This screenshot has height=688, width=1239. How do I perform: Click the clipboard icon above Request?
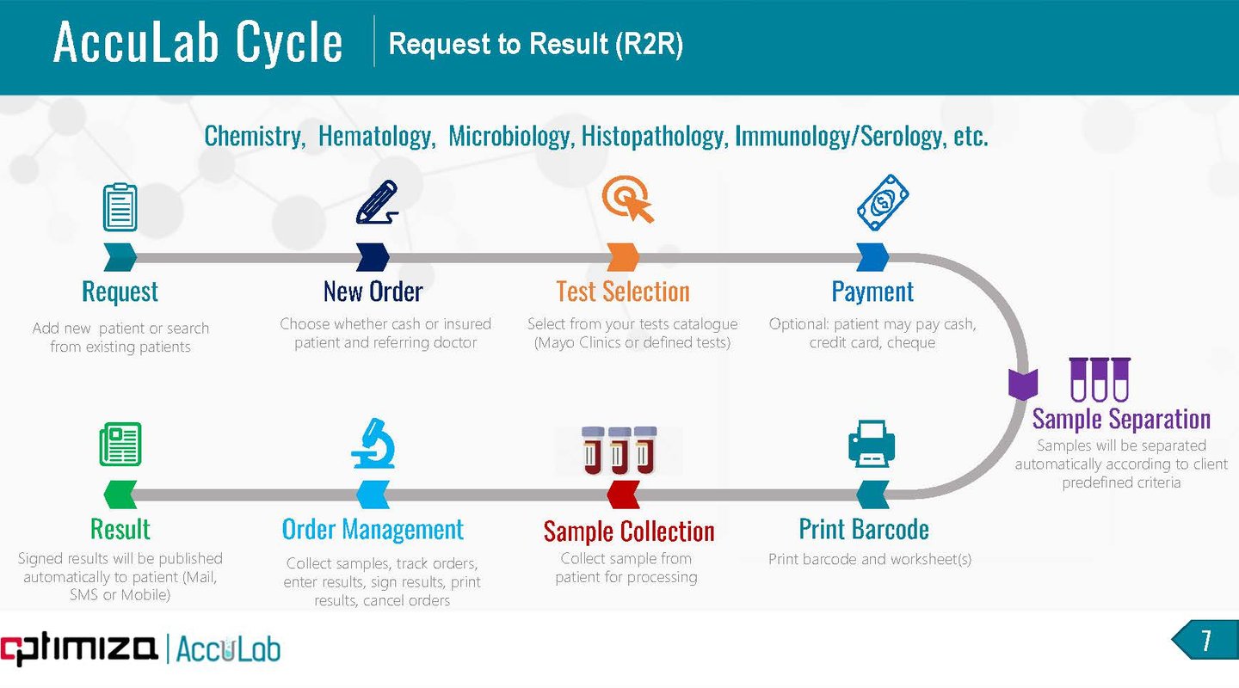[120, 207]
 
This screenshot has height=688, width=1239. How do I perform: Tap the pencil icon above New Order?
[376, 203]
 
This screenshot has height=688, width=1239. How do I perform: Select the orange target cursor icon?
[627, 200]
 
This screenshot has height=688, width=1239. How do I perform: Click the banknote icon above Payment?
[883, 203]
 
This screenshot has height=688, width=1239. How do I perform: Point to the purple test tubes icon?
[1099, 379]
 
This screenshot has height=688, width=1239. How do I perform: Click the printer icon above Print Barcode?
[872, 445]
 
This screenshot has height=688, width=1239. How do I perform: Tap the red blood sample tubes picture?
[619, 450]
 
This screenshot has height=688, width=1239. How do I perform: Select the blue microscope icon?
[373, 444]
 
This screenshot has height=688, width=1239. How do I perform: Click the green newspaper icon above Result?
[120, 444]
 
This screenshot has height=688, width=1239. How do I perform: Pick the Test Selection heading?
[623, 292]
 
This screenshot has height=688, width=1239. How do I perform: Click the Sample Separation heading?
[1121, 419]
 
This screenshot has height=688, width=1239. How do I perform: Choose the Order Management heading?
[373, 529]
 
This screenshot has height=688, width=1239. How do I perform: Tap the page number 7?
[1205, 641]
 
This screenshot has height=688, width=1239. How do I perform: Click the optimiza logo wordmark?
[79, 648]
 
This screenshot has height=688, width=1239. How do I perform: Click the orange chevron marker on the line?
[622, 256]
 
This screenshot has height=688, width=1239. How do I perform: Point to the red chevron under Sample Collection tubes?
[623, 494]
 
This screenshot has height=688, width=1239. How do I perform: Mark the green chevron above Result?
[120, 494]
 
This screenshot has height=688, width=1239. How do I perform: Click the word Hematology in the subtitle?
[375, 136]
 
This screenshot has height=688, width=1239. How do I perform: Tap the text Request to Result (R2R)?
[536, 44]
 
